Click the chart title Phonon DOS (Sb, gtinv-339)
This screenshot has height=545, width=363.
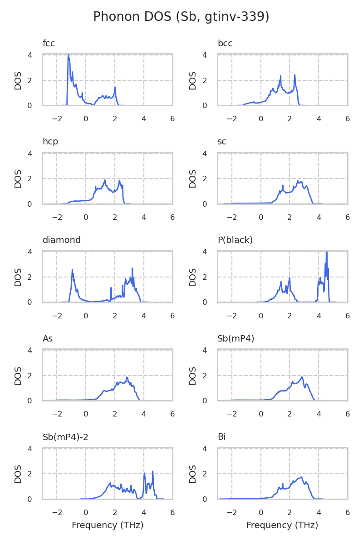pyautogui.click(x=181, y=17)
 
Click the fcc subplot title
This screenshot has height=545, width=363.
pyautogui.click(x=49, y=44)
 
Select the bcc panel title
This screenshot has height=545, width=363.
pyautogui.click(x=225, y=44)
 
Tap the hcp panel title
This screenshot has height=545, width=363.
pyautogui.click(x=50, y=142)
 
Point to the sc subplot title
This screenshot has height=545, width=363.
pyautogui.click(x=222, y=142)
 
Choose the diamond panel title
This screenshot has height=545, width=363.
pyautogui.click(x=62, y=240)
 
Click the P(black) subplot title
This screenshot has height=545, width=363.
pyautogui.click(x=235, y=240)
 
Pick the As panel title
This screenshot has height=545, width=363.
pyautogui.click(x=48, y=339)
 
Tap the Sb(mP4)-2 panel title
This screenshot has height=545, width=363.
pyautogui.click(x=65, y=437)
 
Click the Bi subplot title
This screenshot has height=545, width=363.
pyautogui.click(x=221, y=437)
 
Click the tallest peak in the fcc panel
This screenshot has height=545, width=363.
pyautogui.click(x=69, y=55)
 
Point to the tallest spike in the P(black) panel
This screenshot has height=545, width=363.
pyautogui.click(x=327, y=253)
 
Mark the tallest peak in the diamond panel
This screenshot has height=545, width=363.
pyautogui.click(x=132, y=268)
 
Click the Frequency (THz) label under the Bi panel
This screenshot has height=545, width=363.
pyautogui.click(x=282, y=525)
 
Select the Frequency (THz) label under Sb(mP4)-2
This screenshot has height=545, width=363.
pyautogui.click(x=108, y=525)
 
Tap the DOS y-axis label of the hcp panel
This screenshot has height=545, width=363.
pyautogui.click(x=18, y=178)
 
